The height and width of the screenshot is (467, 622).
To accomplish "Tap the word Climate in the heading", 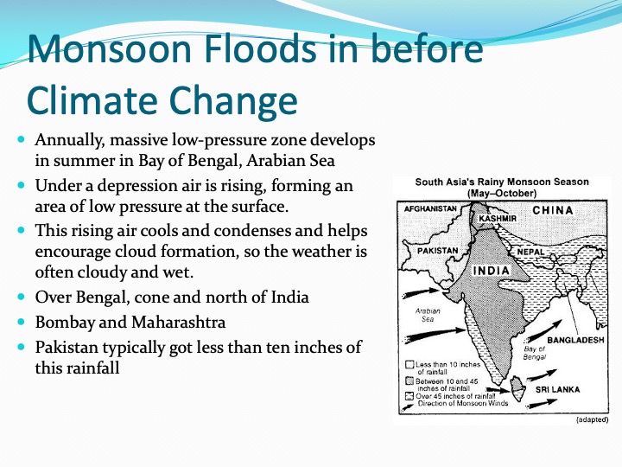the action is (x=92, y=99).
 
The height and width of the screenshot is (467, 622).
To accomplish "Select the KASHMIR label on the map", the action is (x=498, y=219).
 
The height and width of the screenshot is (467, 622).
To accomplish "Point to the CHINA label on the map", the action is (x=553, y=210).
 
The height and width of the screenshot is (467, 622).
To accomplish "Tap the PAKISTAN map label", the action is (x=437, y=251).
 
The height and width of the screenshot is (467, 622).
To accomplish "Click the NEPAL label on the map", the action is (x=530, y=252).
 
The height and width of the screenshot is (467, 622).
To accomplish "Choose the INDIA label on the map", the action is (x=491, y=271).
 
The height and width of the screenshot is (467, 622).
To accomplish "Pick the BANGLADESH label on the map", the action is (x=575, y=340).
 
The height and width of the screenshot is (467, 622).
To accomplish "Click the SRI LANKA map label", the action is (x=558, y=389).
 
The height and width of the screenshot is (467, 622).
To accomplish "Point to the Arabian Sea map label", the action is (x=428, y=315).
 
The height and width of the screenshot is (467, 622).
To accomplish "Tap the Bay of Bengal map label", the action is (x=535, y=353).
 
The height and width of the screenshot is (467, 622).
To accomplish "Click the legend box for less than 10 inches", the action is (x=409, y=365).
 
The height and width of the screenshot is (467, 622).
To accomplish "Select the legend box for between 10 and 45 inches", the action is (x=409, y=381).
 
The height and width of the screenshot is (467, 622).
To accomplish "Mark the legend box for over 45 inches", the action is (x=409, y=396).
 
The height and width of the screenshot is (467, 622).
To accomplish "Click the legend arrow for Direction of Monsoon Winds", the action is (x=408, y=407).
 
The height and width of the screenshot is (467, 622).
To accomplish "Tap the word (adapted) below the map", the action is (x=592, y=419).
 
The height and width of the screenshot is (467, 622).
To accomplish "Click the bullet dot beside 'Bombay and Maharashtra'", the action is (x=21, y=321).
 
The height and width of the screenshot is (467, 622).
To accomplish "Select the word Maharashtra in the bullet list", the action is (x=179, y=322).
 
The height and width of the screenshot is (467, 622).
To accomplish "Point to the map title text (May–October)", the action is (x=502, y=194).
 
